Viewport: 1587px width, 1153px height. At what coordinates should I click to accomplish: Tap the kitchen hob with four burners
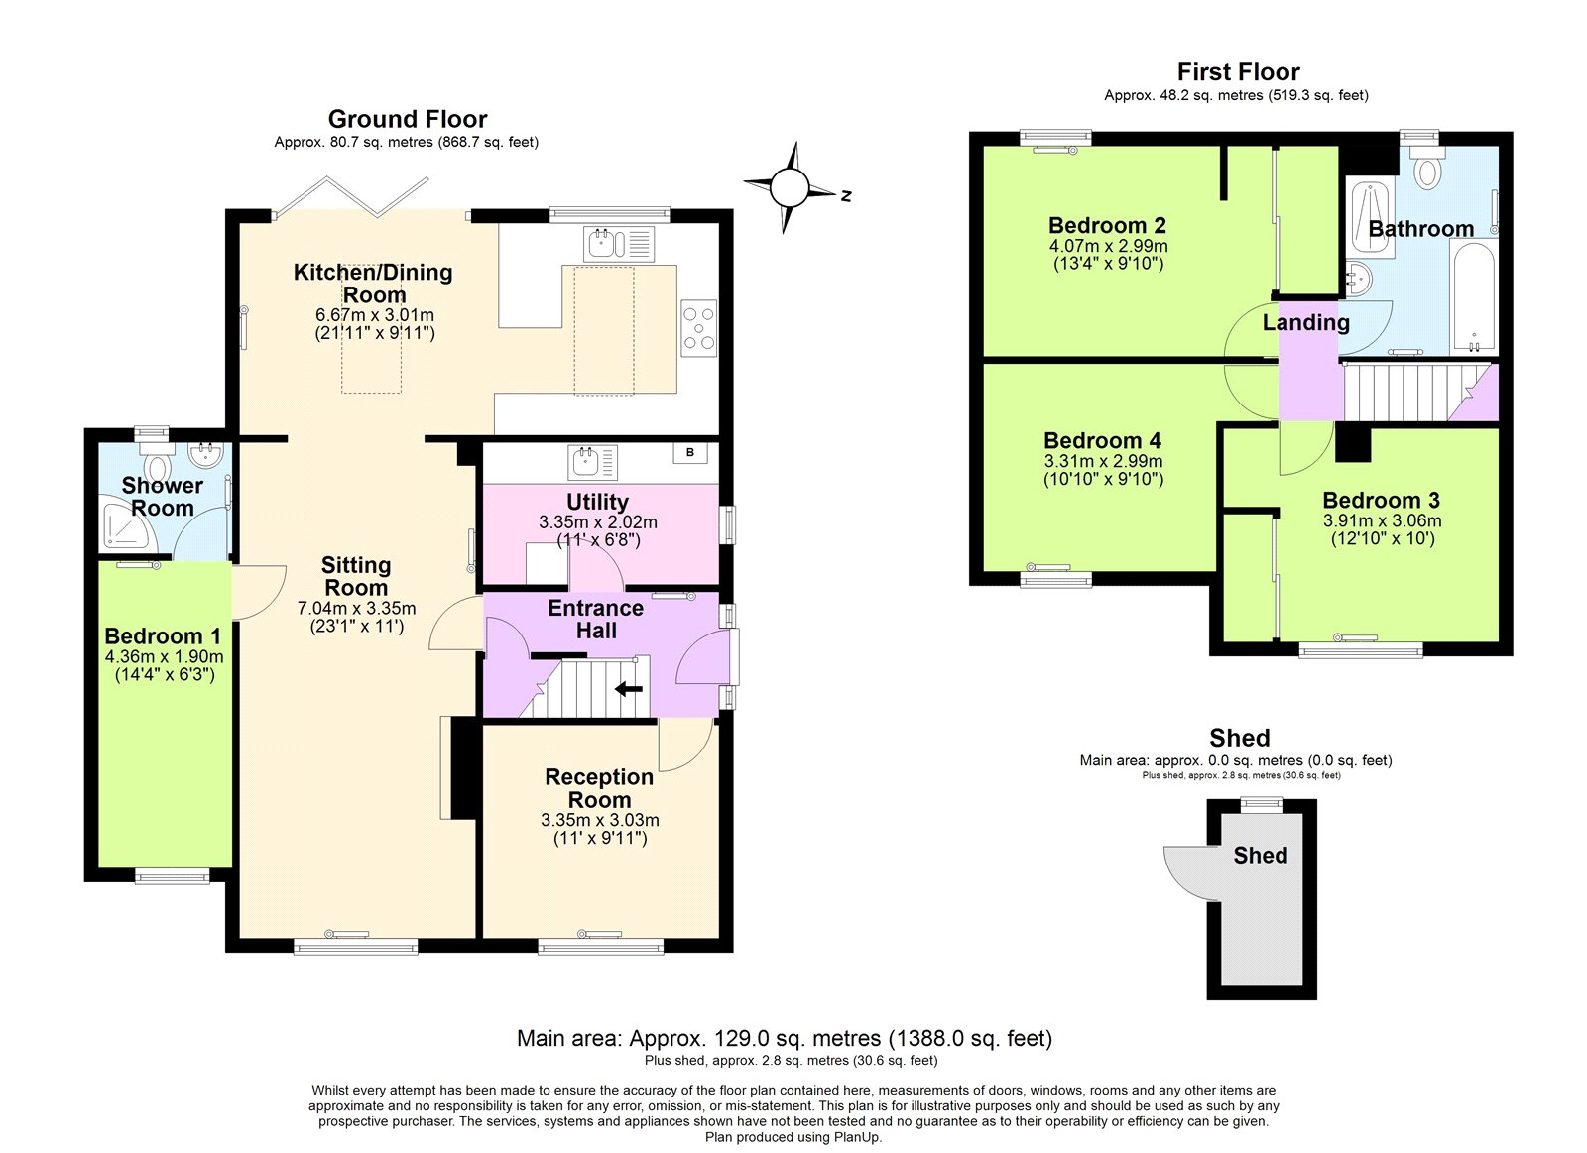tap(698, 328)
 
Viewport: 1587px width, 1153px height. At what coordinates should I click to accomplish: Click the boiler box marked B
tap(690, 453)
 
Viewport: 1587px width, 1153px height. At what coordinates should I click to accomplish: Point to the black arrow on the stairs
tap(629, 689)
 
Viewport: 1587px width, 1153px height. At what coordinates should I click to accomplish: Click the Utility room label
tap(597, 502)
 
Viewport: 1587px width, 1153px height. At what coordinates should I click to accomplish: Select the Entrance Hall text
tap(595, 619)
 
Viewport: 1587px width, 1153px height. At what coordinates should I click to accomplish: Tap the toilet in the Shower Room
tap(158, 466)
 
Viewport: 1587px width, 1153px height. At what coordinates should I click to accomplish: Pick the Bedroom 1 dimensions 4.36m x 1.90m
tap(164, 656)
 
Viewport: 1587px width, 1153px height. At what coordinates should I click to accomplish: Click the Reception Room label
tap(599, 788)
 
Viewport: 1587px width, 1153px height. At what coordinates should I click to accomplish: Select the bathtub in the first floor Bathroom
tap(1473, 297)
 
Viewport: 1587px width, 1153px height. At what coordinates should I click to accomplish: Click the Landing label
tap(1305, 322)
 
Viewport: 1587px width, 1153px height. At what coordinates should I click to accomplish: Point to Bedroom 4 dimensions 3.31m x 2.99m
tap(1103, 461)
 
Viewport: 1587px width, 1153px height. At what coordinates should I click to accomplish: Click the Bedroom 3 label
tap(1381, 500)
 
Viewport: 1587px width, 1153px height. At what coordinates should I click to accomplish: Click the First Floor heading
tap(1238, 72)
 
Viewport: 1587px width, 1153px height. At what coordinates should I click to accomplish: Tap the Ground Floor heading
tap(408, 119)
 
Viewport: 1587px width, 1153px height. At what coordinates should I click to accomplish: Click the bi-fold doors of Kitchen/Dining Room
tap(352, 197)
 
